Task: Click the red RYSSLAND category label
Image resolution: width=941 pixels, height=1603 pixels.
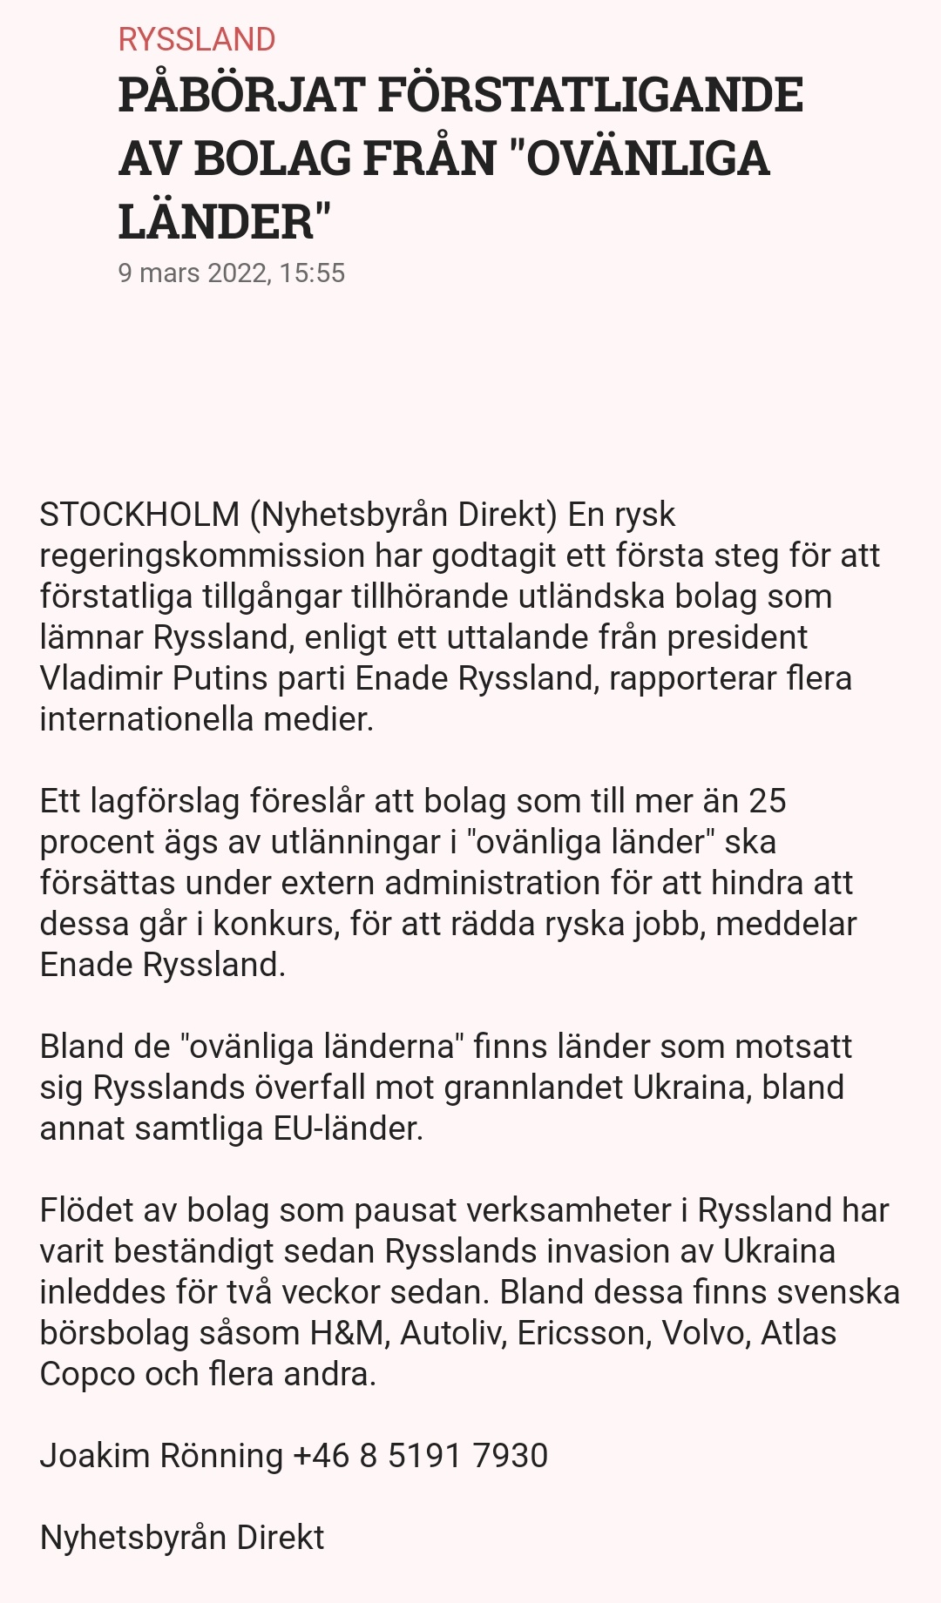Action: pos(197,39)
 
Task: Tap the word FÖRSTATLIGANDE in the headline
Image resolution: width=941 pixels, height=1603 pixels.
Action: pos(590,95)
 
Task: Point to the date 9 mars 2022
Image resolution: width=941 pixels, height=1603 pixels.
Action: pos(193,273)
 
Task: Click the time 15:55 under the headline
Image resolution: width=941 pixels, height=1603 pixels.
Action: pos(313,273)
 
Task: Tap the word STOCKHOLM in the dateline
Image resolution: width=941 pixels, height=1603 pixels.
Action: pos(139,515)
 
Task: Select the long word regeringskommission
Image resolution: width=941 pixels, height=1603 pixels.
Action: pos(203,556)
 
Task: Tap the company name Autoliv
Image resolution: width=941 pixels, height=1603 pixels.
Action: pos(453,1333)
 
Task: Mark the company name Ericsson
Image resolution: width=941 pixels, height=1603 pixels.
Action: pos(584,1333)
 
